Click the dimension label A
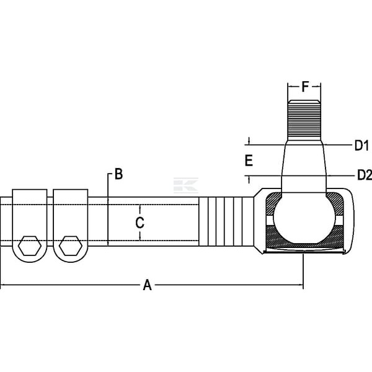tap(148, 285)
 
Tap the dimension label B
tap(119, 174)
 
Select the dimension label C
tap(139, 223)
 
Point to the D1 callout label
tap(361, 145)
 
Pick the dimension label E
tap(249, 161)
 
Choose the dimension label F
tap(305, 87)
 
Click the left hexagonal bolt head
tap(30, 246)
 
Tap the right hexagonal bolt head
tap(71, 246)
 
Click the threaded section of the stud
tap(304, 120)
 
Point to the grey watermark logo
tap(186, 185)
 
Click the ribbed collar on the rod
tap(226, 221)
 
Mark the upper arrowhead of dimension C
tap(140, 208)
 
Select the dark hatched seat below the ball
tap(304, 237)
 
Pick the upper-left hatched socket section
tap(273, 203)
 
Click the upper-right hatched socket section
tap(335, 203)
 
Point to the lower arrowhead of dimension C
tap(140, 237)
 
